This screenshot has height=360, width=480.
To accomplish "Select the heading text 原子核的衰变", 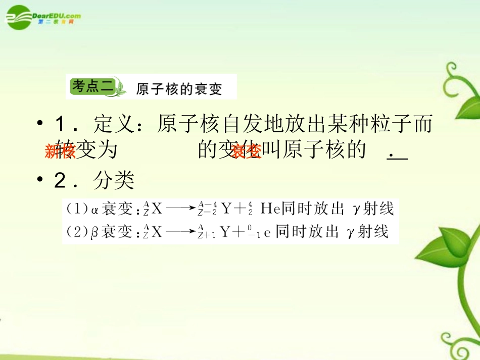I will click(179, 89).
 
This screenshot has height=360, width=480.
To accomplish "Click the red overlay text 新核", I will click(59, 151).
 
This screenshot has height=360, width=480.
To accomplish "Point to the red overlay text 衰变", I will click(246, 151).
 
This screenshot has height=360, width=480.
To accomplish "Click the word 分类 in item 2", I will click(114, 181).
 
